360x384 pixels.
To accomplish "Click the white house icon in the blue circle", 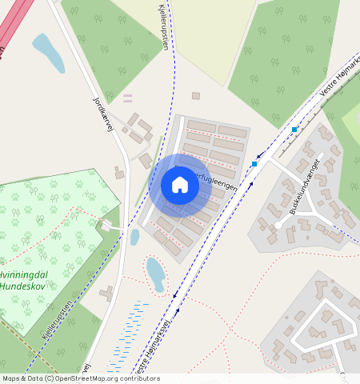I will click(180, 185).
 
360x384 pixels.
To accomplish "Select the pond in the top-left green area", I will click(48, 53).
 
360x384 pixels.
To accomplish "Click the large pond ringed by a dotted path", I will click(155, 273).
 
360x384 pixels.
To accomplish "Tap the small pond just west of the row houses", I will click(134, 237).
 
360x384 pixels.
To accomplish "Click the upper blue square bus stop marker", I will click(294, 129).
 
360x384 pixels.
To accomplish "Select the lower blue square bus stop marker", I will click(254, 164).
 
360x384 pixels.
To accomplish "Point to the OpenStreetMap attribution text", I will click(80, 378).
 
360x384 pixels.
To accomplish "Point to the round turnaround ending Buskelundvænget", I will click(278, 225).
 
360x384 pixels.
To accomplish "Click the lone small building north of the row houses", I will click(195, 96).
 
